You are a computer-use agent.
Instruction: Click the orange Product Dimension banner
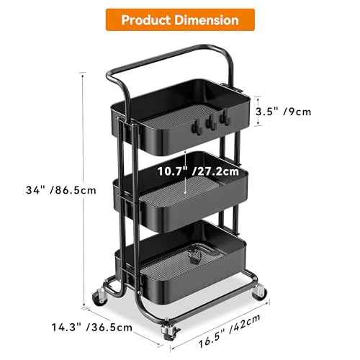[x=180, y=19]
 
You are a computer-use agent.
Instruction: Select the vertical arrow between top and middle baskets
[x=186, y=173]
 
